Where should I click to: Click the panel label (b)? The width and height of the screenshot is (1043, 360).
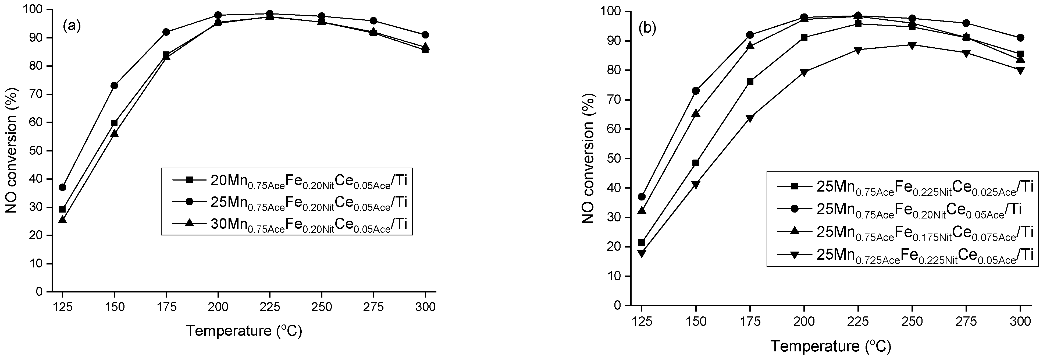coord(647,28)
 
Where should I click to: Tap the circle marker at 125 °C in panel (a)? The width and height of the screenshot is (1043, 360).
coord(62,187)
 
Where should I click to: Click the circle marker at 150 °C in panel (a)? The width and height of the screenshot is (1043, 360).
coord(114,86)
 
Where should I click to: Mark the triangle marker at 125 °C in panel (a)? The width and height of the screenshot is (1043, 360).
coord(62,220)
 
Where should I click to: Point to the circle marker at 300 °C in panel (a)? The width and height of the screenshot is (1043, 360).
coord(425,35)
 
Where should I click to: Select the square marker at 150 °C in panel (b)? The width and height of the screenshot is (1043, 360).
coord(696,163)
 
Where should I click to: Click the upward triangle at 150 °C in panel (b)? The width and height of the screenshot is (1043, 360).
coord(696,113)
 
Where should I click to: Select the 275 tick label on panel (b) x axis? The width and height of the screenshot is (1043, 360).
coord(966,322)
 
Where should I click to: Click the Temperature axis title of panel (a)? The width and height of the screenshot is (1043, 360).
coord(244,331)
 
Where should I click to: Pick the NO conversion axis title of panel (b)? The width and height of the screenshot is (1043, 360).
coord(588,158)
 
